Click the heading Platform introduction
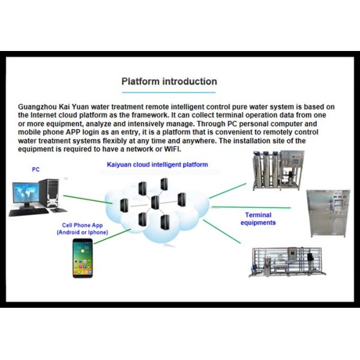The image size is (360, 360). coord(169,82)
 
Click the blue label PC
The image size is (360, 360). coord(35,170)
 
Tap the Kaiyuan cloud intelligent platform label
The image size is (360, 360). coord(158,164)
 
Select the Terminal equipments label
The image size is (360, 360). coord(258,218)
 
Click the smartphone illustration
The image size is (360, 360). coord(83,258)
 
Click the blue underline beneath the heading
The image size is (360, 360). coord(169,92)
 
